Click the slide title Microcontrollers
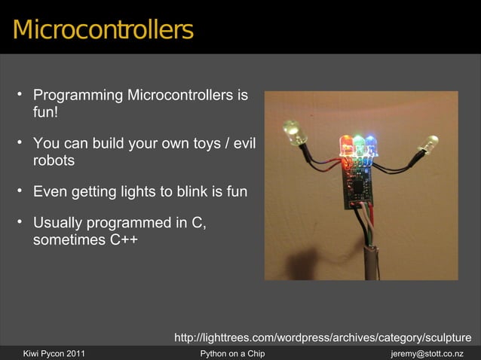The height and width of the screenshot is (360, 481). (103, 31)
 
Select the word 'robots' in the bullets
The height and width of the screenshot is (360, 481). (54, 160)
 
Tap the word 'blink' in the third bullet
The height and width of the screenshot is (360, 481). (175, 191)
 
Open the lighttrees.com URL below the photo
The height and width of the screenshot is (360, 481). (323, 337)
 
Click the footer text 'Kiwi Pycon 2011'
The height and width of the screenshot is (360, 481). (55, 353)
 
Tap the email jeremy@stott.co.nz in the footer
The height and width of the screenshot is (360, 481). (427, 353)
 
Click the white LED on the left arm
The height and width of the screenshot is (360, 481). (291, 133)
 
